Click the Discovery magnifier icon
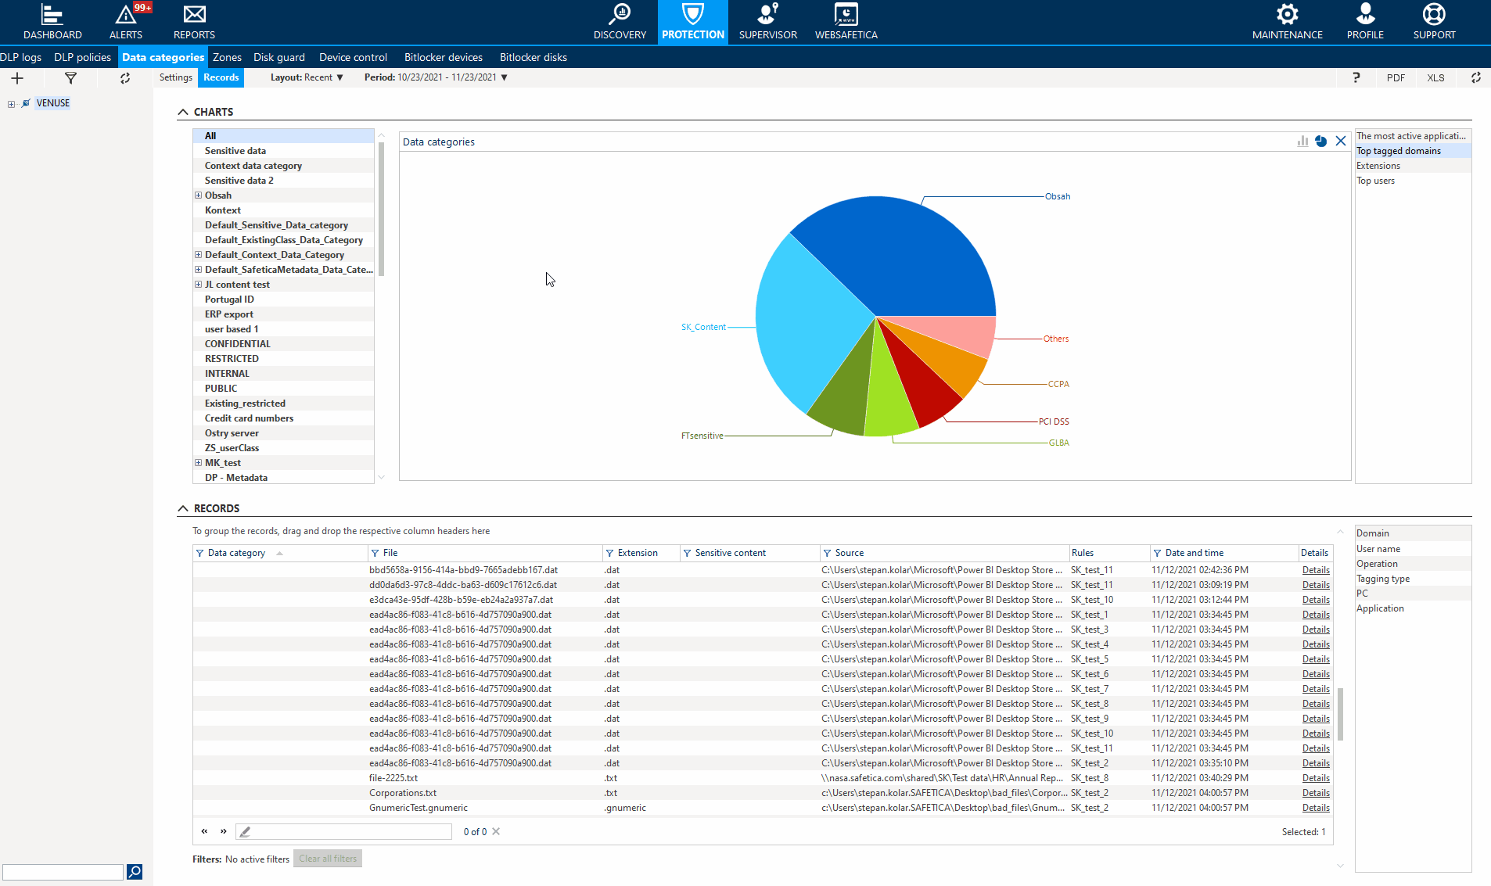click(620, 15)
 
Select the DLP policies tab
click(82, 57)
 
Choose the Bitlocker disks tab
click(533, 57)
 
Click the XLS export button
click(1435, 77)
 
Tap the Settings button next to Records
click(175, 77)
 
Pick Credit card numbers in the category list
click(249, 418)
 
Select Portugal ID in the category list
click(229, 300)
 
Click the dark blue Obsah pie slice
click(900, 250)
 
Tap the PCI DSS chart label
click(1053, 421)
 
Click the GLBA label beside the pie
click(1058, 443)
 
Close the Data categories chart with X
click(1341, 142)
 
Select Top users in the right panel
click(1375, 181)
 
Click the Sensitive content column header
click(730, 553)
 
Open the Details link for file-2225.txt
click(1315, 778)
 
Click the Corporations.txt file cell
click(403, 793)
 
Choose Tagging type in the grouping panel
click(1382, 579)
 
